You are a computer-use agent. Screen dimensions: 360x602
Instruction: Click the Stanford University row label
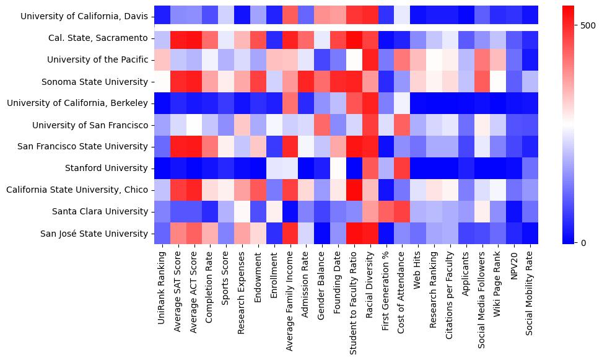pos(107,169)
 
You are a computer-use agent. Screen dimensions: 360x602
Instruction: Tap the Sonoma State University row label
pos(95,82)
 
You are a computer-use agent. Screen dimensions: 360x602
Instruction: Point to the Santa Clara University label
pos(102,212)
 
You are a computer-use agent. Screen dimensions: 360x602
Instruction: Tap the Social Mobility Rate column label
pos(530,288)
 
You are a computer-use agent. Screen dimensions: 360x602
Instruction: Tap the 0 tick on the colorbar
pos(583,242)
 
